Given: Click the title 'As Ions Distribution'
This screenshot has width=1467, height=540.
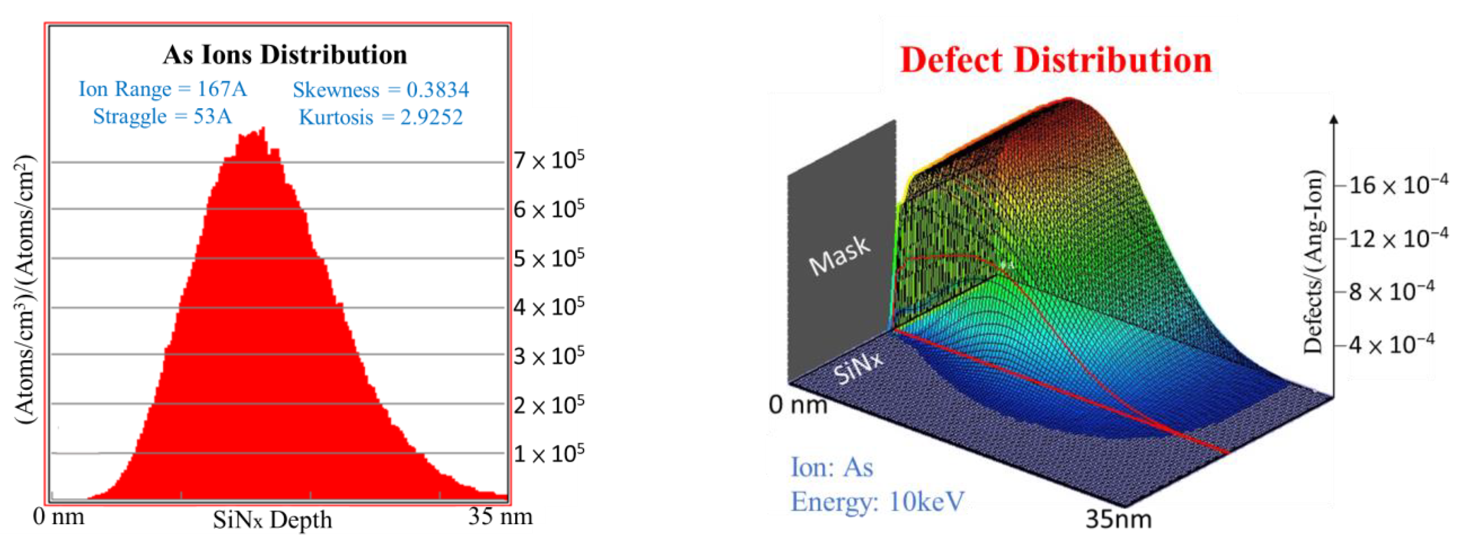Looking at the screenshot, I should [x=285, y=55].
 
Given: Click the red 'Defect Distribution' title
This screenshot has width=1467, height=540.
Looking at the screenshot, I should [x=1055, y=61].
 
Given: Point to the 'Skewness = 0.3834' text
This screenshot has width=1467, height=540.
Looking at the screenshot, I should [x=380, y=89].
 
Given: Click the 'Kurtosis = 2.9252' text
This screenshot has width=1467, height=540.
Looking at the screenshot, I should [x=380, y=117].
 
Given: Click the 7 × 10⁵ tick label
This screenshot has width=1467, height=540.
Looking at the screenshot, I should [x=548, y=160].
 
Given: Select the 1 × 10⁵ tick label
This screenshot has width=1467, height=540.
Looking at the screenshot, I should [x=548, y=454].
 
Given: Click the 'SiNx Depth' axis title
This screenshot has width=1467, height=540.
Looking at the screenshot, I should [x=272, y=519].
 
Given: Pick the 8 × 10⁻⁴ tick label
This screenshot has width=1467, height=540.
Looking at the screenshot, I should [x=1390, y=292].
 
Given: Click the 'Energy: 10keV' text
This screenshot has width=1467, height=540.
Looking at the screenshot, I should [x=877, y=502].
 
